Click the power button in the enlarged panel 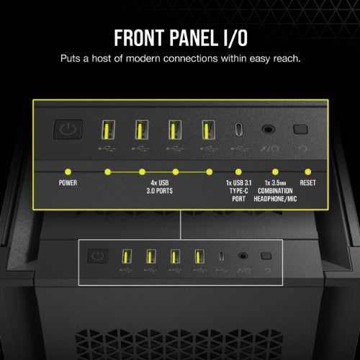click(66, 130)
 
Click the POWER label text click(68, 183)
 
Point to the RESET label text click(309, 183)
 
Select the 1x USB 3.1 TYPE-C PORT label click(239, 192)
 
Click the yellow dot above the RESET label click(309, 172)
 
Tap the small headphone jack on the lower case click(243, 256)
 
